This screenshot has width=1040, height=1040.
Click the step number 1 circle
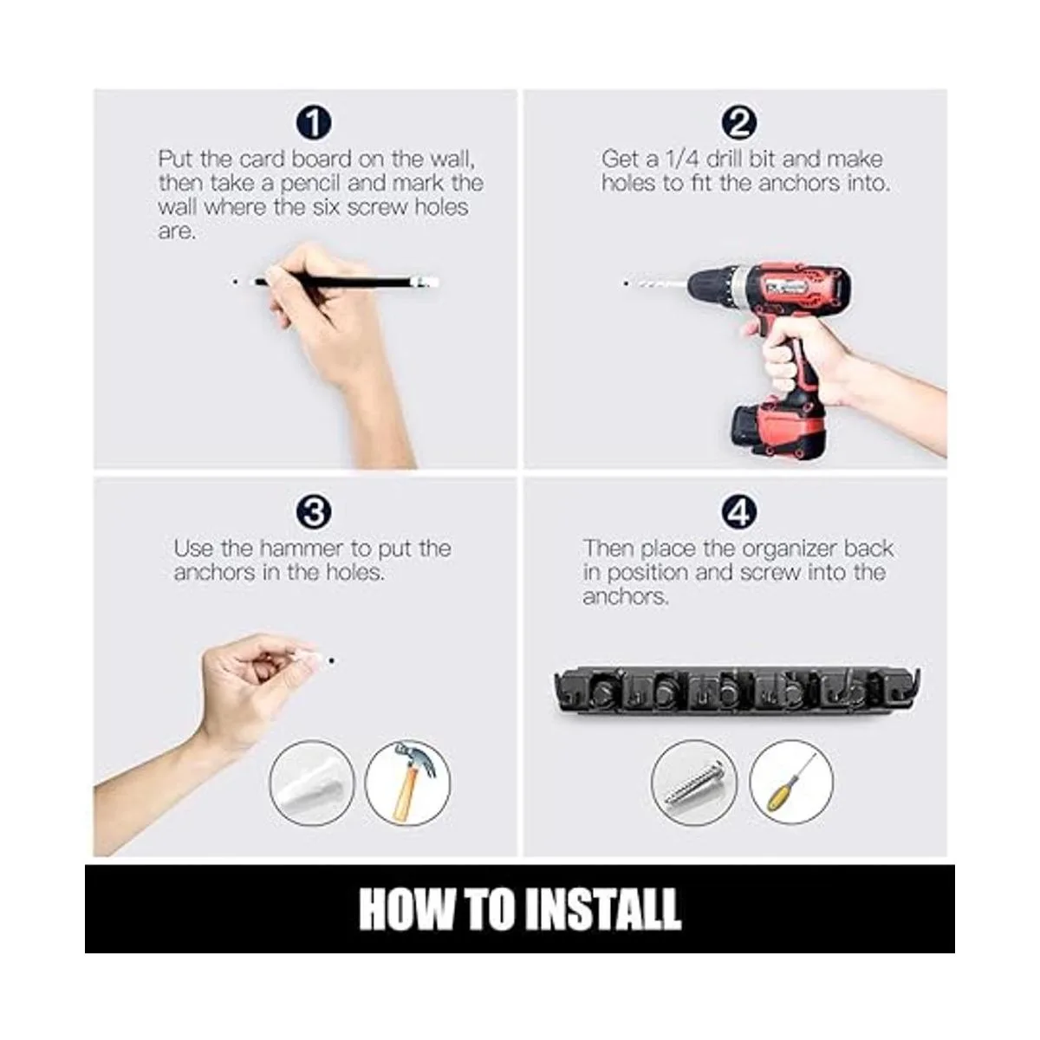[314, 123]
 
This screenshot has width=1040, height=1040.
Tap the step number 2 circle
[739, 123]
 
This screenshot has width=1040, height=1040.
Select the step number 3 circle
[314, 512]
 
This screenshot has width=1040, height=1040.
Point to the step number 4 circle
[739, 512]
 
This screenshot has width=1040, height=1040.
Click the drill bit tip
[626, 283]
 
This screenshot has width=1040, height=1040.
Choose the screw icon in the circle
[694, 783]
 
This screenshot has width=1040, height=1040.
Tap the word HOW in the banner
[406, 909]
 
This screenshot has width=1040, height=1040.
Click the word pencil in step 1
[309, 184]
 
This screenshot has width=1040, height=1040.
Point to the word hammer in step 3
[301, 549]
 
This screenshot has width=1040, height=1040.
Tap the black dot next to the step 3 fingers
[331, 660]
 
